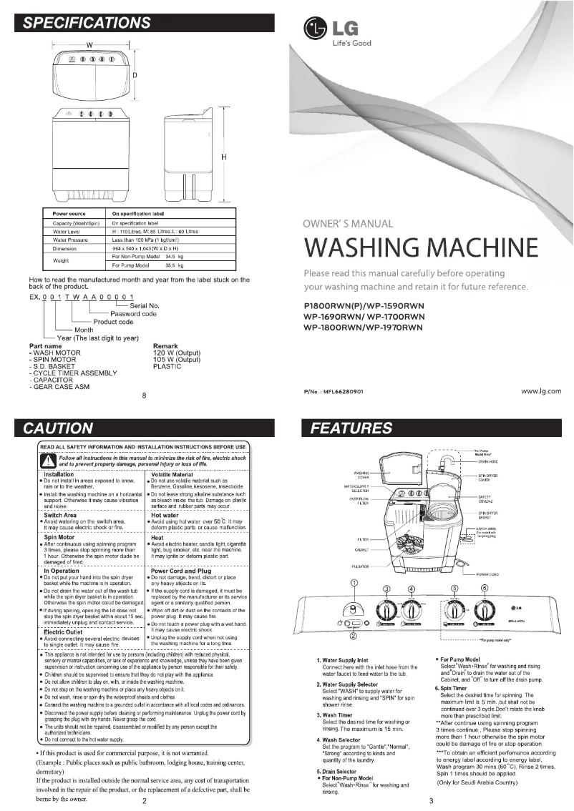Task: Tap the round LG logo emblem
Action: tap(315, 33)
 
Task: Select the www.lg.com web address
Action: tap(540, 391)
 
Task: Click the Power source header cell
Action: tap(69, 213)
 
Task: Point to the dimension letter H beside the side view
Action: tap(224, 157)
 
